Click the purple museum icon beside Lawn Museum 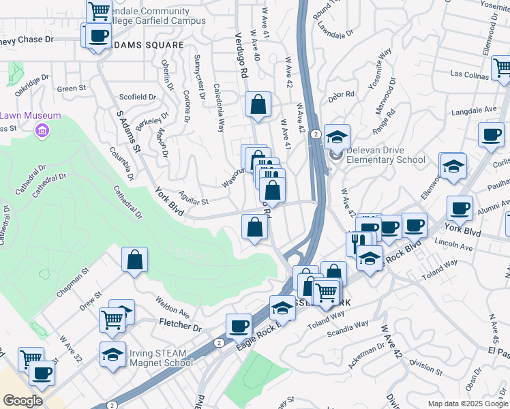pos(42,130)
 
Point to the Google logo pos(22,401)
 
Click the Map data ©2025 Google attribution pos(468,404)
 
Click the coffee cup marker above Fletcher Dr pos(238,326)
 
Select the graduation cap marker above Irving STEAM pos(113,354)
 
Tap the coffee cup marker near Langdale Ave pos(491,134)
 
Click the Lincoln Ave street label pos(457,248)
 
